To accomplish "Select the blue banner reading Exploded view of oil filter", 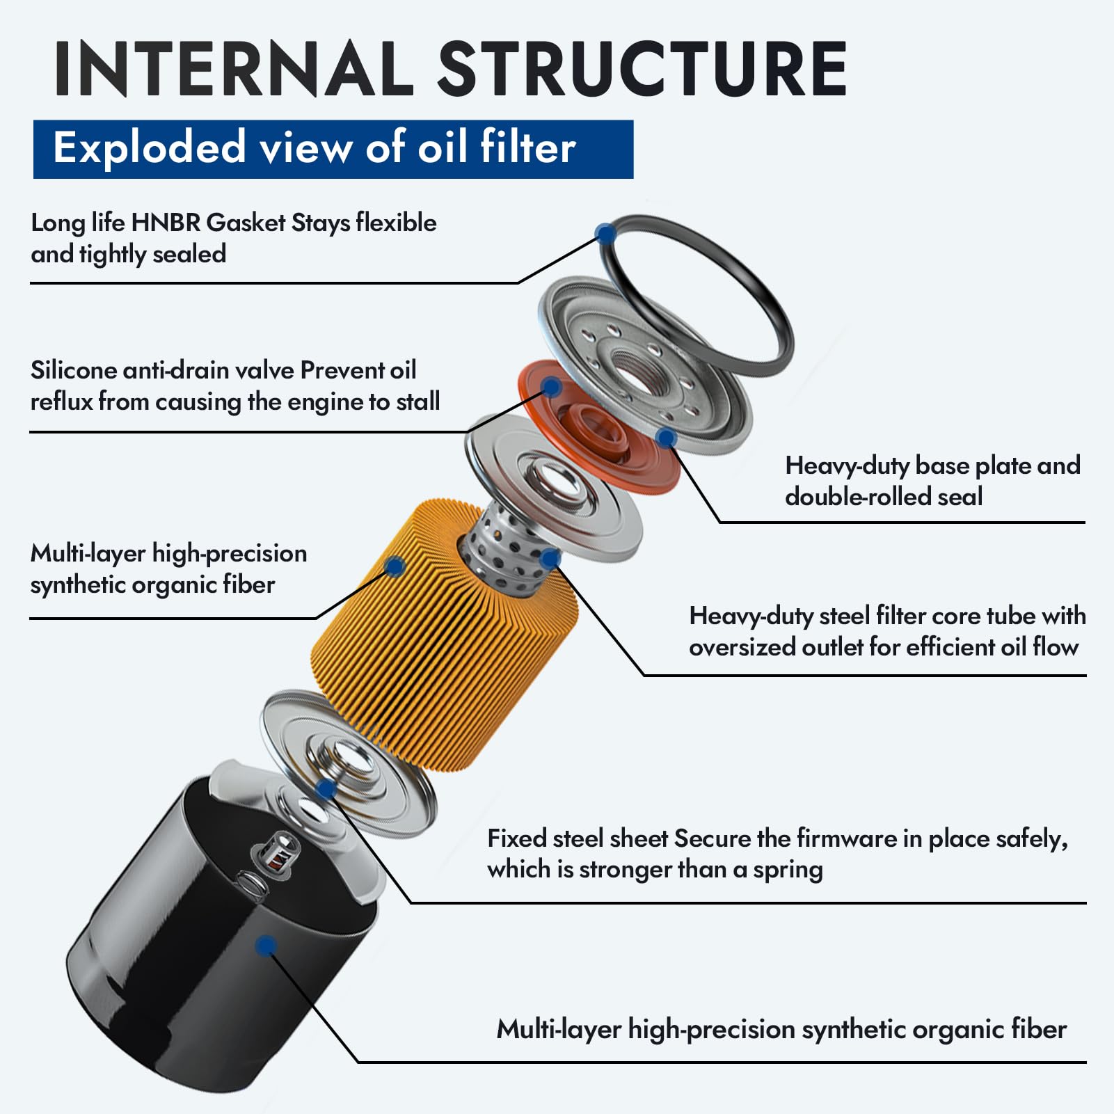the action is point(333,149).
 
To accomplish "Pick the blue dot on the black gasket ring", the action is point(605,233).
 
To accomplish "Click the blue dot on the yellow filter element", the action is point(395,566).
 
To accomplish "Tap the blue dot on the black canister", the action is point(266,945).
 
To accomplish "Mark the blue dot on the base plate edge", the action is point(666,438).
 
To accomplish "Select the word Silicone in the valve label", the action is point(73,370).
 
